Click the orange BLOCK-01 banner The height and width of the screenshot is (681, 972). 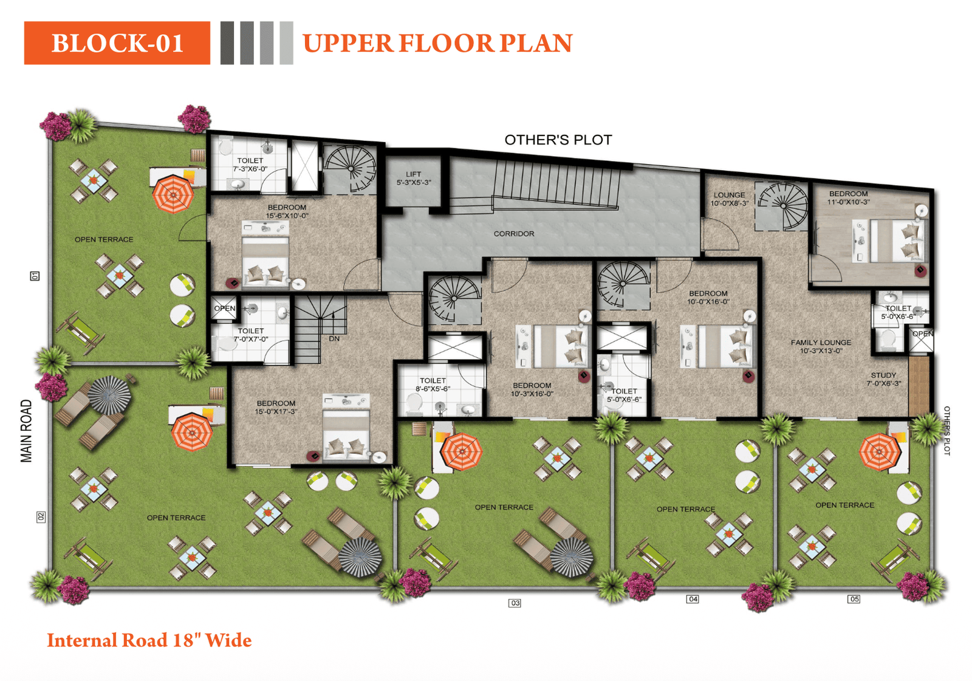coord(117,43)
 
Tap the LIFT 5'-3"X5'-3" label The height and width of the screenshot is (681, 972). coord(414,178)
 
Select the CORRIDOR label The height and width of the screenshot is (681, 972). coord(514,234)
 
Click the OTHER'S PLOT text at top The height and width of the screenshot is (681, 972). coord(558,140)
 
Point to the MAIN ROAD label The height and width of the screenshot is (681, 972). coord(26,431)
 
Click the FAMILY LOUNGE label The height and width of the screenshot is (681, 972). coord(821,346)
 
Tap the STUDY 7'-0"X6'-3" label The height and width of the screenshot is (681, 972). coord(883,379)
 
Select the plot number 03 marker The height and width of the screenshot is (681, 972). coord(515,603)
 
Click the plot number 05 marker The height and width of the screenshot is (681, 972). coord(854,599)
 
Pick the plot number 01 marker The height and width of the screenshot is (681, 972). coord(35,276)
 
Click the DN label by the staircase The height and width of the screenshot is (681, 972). coord(334,338)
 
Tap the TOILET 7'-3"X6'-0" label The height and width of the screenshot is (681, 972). coord(250,165)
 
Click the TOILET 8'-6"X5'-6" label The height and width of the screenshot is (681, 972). coord(433,385)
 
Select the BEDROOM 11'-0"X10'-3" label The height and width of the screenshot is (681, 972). coord(848,197)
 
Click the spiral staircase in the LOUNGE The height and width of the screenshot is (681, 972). coord(784,207)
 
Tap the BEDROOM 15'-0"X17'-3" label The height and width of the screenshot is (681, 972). coord(276,407)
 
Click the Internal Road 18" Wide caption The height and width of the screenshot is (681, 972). coord(149,640)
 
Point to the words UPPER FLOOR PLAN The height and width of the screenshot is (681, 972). coord(437,43)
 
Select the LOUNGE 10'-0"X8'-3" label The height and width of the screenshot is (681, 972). coord(729,199)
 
